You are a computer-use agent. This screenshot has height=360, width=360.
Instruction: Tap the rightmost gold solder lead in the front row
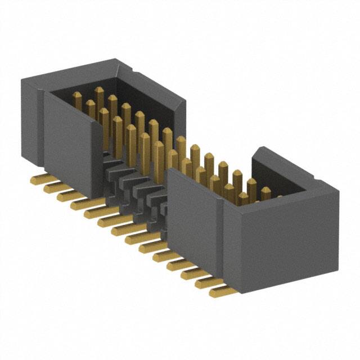tap(220, 291)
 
